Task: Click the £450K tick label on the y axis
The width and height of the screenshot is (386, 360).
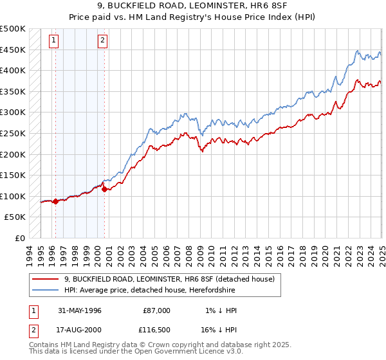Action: click(13, 50)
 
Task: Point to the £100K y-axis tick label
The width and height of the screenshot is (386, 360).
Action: click(13, 196)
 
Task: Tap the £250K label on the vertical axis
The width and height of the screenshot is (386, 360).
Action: click(13, 133)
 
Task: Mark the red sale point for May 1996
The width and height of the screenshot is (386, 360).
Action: click(55, 201)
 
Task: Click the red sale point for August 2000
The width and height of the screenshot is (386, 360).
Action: click(104, 189)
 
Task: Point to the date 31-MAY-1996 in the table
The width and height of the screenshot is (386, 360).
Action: click(80, 310)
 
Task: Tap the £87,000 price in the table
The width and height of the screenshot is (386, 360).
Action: click(156, 310)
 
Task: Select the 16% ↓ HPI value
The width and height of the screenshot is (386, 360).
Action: click(219, 330)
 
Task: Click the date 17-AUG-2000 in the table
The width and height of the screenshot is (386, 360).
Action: click(80, 330)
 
